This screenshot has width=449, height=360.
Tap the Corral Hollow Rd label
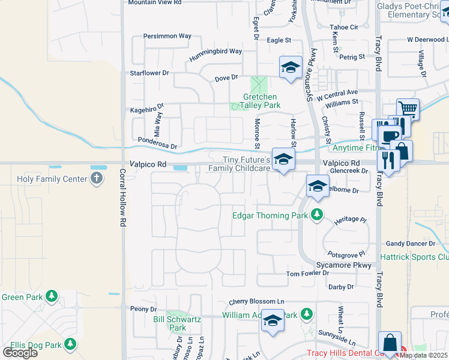(122, 205)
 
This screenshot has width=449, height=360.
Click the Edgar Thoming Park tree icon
(316, 215)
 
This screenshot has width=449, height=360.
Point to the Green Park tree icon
(52, 296)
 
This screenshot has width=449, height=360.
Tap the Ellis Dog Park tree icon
(71, 344)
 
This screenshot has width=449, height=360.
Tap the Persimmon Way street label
(167, 36)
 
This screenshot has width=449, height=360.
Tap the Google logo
(20, 352)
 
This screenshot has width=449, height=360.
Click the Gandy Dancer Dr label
(411, 244)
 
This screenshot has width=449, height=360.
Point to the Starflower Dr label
(150, 73)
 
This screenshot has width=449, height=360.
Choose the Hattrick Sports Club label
(414, 257)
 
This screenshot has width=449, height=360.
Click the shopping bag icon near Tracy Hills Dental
(390, 343)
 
